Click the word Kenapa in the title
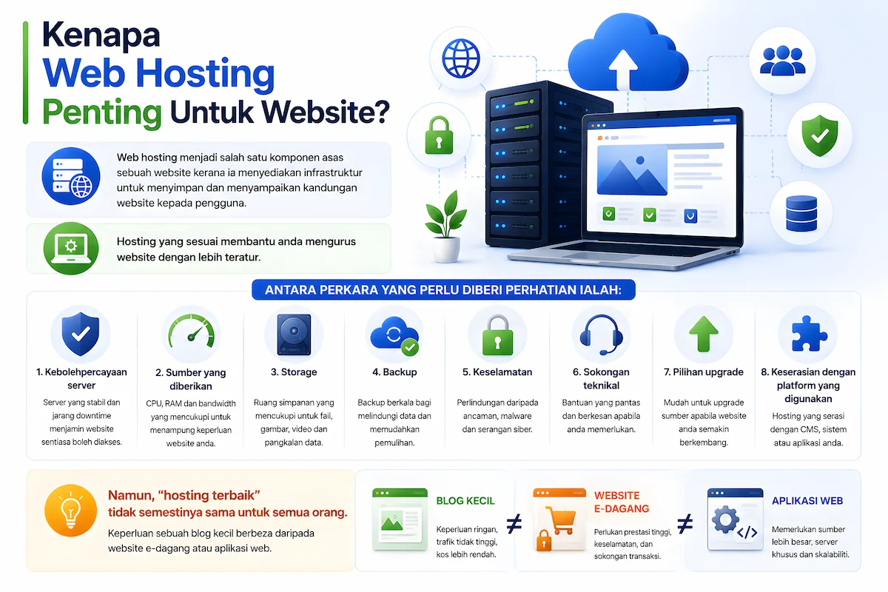tap(101, 36)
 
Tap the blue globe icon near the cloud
tap(460, 58)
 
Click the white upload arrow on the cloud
tap(623, 68)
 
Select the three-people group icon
tap(783, 61)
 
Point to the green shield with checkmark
tap(820, 135)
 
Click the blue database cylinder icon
tap(801, 213)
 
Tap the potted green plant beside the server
tap(446, 226)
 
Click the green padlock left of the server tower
tap(439, 135)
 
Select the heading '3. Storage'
tap(294, 372)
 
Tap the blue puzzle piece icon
tap(809, 334)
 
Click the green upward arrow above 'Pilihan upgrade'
tap(704, 334)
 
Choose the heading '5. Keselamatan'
tap(497, 372)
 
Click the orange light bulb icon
tap(70, 511)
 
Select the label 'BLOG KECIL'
tap(465, 501)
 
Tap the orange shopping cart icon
tap(560, 519)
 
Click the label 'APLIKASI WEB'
tap(807, 501)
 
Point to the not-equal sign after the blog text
tap(514, 524)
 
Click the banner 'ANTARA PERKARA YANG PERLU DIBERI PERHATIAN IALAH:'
tap(443, 290)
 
